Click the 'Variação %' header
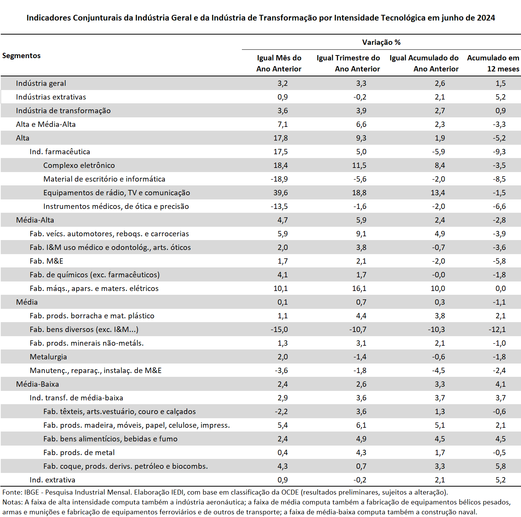pyautogui.click(x=381, y=42)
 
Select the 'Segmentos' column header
pyautogui.click(x=21, y=55)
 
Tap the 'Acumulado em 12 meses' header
pyautogui.click(x=493, y=63)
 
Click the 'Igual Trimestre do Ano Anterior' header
pyautogui.click(x=348, y=63)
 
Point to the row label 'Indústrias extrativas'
pyautogui.click(x=51, y=97)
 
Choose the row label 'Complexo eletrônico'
pyautogui.click(x=79, y=165)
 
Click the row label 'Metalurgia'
pyautogui.click(x=48, y=357)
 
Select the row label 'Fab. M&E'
pyautogui.click(x=46, y=261)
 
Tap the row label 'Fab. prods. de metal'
pyautogui.click(x=79, y=452)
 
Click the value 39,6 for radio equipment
pyautogui.click(x=281, y=193)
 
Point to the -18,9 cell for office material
pyautogui.click(x=279, y=179)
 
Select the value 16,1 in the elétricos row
pyautogui.click(x=359, y=288)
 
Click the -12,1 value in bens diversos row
pyautogui.click(x=497, y=329)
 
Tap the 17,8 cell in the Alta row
pyautogui.click(x=281, y=138)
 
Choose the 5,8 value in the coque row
pyautogui.click(x=500, y=466)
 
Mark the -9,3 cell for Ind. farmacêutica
pyautogui.click(x=499, y=152)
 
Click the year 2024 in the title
pyautogui.click(x=486, y=18)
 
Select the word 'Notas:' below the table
pyautogui.click(x=13, y=502)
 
